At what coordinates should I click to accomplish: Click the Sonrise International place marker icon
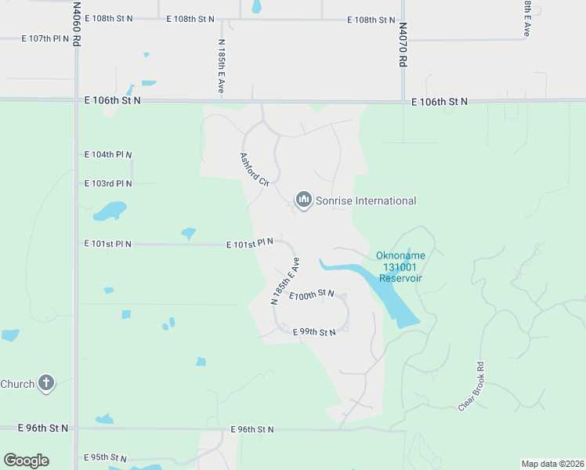[x=303, y=201]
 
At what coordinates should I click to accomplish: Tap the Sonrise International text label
[x=366, y=201]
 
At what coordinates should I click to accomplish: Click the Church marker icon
[x=46, y=384]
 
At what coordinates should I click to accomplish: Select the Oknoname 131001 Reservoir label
[x=400, y=266]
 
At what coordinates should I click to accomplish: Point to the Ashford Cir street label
[x=255, y=168]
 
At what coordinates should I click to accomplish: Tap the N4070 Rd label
[x=403, y=44]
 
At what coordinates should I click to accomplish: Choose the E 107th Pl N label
[x=46, y=38]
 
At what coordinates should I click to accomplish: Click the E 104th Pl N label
[x=108, y=154]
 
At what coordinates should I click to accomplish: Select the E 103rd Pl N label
[x=108, y=183]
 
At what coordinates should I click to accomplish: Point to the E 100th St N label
[x=312, y=295]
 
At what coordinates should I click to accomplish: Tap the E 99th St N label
[x=314, y=333]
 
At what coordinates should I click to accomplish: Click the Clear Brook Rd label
[x=472, y=385]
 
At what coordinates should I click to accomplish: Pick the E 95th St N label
[x=105, y=457]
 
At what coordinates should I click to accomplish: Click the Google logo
[x=26, y=461]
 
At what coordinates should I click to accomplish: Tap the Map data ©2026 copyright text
[x=552, y=464]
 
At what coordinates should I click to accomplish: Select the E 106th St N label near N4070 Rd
[x=439, y=101]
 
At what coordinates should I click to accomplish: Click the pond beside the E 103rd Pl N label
[x=109, y=211]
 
